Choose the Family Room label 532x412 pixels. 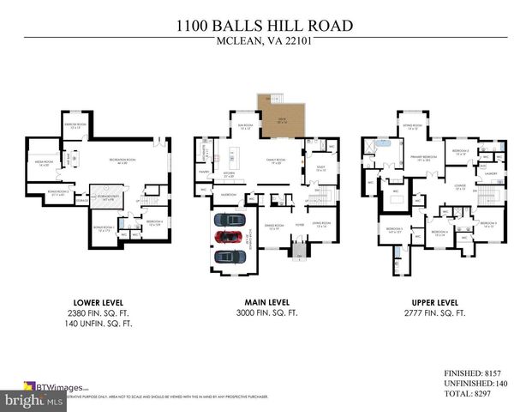pos(277,160)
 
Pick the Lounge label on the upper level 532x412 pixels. pos(460,185)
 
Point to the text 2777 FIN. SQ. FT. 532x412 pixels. pos(433,313)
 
